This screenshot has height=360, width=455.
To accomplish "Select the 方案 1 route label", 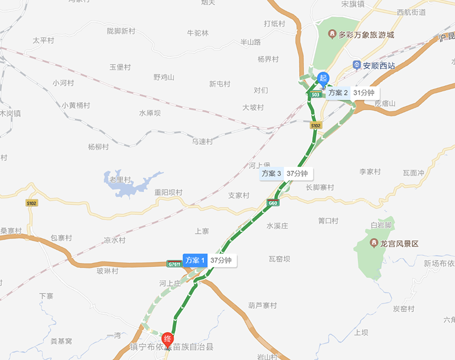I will click(x=195, y=260).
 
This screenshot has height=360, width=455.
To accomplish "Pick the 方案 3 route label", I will click(x=271, y=173).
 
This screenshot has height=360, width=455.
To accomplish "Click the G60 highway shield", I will click(x=273, y=203).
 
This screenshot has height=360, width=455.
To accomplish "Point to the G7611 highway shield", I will click(x=174, y=264).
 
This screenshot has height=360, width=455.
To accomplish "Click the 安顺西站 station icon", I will click(x=357, y=65).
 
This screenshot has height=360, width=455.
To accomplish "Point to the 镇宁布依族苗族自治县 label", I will click(x=171, y=346).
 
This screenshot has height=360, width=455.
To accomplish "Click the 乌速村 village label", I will click(x=202, y=142).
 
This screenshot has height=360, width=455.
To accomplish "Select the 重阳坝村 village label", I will click(x=168, y=192).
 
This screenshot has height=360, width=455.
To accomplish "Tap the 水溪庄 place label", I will click(x=278, y=226).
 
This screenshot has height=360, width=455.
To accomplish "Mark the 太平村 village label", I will click(x=43, y=40).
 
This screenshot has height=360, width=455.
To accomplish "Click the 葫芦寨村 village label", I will click(x=262, y=305).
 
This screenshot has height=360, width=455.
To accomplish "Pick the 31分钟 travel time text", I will click(x=363, y=93).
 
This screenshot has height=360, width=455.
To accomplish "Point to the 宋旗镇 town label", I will click(x=353, y=4).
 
